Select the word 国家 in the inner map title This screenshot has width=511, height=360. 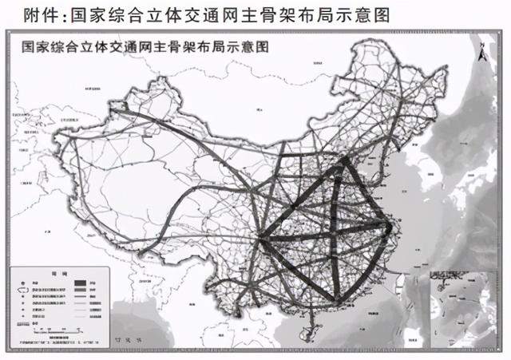[x=34, y=47]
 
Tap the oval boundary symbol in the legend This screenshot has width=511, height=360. [x=20, y=294]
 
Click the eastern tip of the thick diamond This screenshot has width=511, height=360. [x=390, y=229]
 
